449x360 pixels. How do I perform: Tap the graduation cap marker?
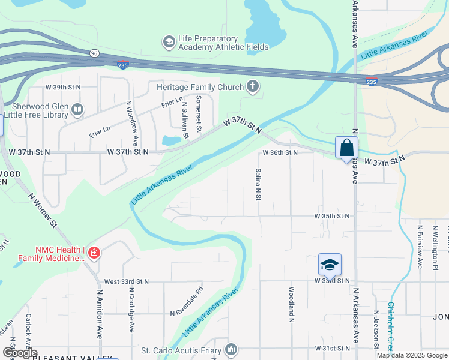click(x=329, y=265)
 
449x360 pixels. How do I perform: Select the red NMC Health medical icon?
click(x=93, y=253)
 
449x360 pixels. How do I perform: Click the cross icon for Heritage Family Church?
click(x=253, y=87)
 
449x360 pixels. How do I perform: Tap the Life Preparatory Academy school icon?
click(x=169, y=42)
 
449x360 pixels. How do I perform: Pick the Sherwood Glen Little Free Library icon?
click(x=77, y=110)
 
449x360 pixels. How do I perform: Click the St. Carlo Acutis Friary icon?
click(x=232, y=349)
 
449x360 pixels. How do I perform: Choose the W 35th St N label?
click(x=332, y=216)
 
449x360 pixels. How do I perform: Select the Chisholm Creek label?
click(x=391, y=324)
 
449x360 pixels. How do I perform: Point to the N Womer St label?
click(x=43, y=210)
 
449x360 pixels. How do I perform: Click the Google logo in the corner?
click(x=20, y=353)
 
